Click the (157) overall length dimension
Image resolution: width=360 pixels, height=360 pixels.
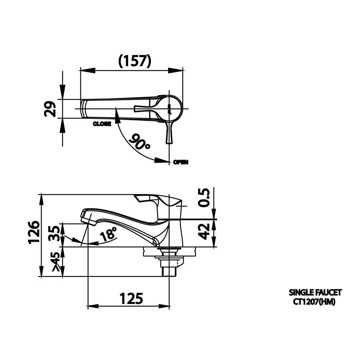(135, 60)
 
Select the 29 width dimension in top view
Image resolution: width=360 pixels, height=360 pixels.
(50, 108)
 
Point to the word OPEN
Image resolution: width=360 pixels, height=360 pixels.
(181, 162)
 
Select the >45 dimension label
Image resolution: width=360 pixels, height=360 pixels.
(56, 262)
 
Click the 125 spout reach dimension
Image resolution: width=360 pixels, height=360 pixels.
(131, 298)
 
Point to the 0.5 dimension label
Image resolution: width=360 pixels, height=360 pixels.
(204, 198)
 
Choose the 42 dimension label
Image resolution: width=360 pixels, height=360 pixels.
(204, 232)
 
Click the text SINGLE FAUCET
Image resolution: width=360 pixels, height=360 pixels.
(315, 293)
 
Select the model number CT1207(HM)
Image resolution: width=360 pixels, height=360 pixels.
(314, 302)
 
